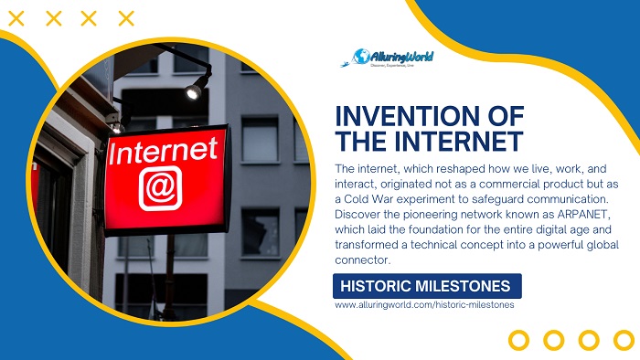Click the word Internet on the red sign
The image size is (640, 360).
(x=164, y=151)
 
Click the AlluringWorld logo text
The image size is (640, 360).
(x=403, y=56)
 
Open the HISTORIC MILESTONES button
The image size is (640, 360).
(x=427, y=286)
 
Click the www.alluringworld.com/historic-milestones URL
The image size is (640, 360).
(x=424, y=305)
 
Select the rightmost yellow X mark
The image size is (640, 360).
(x=126, y=17)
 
